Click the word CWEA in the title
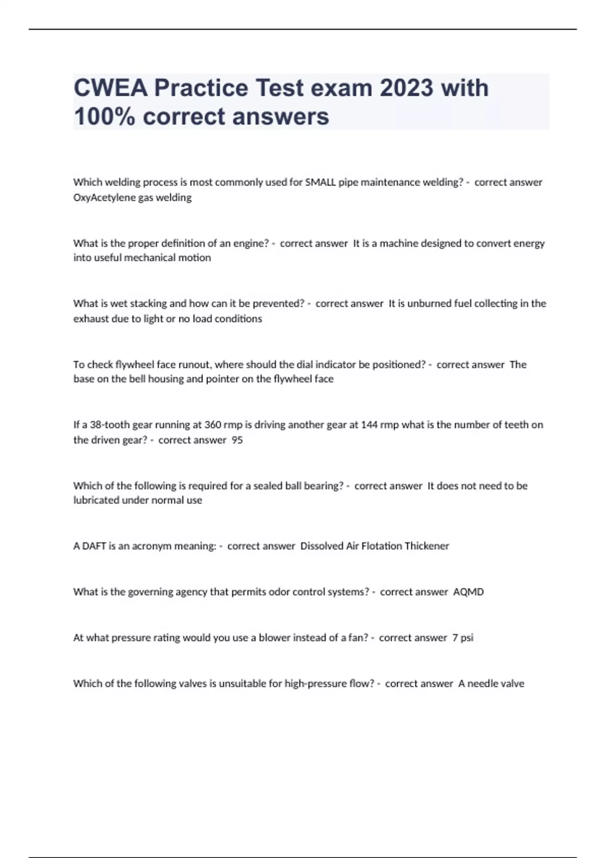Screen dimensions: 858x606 coord(111,88)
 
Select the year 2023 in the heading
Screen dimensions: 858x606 coord(406,88)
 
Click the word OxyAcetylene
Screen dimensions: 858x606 coord(104,197)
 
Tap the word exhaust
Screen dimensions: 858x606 coord(90,318)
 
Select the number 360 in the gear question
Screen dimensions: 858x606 coord(213,424)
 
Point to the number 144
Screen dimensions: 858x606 coord(370,424)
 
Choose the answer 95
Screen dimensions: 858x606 coord(237,440)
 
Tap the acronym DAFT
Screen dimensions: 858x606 coord(94,546)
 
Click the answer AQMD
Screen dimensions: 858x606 coord(468,592)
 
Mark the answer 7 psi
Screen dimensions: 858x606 coord(463,637)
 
